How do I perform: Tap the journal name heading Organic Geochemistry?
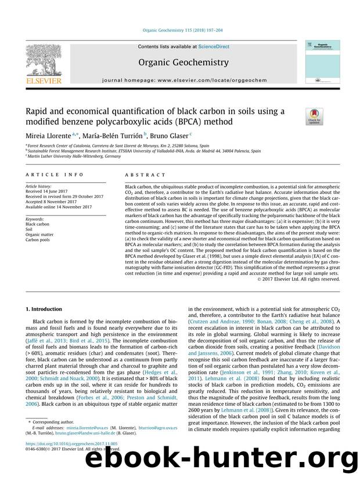[180, 62]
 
